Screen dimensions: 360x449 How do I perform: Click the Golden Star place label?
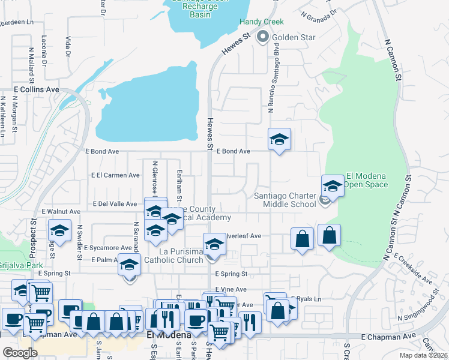coord(294,38)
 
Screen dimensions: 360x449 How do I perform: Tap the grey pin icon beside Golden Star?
coord(262,37)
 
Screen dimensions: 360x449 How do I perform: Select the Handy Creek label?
coord(261,22)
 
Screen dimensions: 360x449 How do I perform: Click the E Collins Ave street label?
coord(37,89)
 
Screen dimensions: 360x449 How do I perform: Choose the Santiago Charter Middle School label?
coord(285,199)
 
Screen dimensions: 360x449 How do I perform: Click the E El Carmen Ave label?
coord(114,175)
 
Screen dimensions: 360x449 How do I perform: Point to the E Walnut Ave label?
coord(61,212)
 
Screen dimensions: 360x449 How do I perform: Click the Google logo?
coord(20,352)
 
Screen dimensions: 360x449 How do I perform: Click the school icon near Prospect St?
coord(59,231)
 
